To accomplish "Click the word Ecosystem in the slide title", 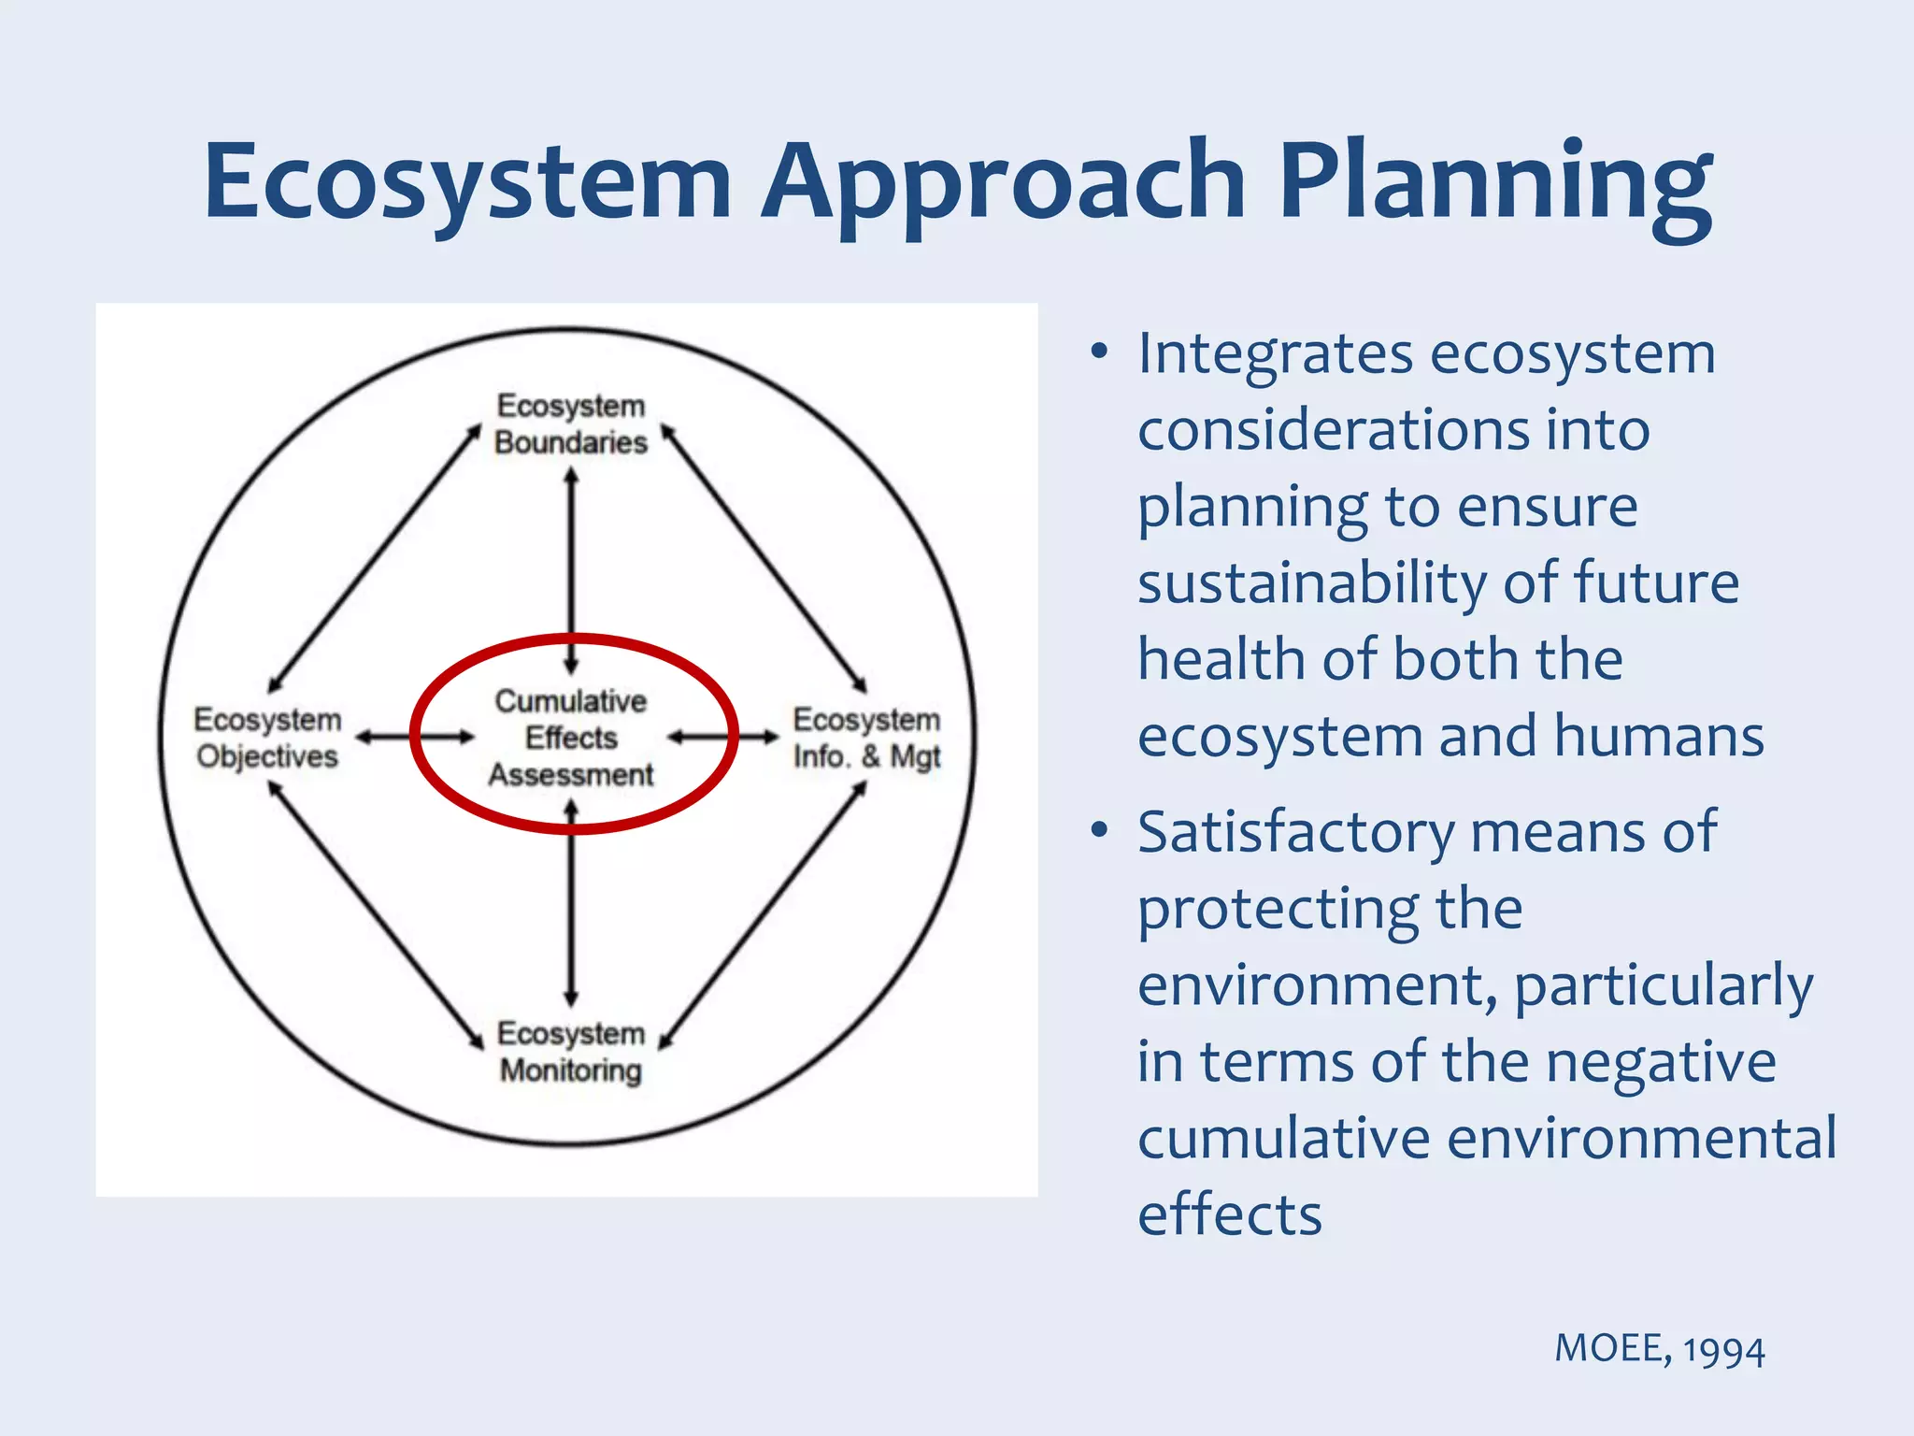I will (x=467, y=182).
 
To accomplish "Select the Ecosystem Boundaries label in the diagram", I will (x=571, y=424).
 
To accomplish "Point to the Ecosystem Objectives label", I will (x=267, y=738).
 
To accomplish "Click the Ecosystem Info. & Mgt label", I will (x=866, y=738).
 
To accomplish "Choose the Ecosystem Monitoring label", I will (x=571, y=1052).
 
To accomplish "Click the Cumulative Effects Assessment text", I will (x=571, y=738).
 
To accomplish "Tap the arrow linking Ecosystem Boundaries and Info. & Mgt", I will (x=764, y=559).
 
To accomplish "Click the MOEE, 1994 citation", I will (x=1659, y=1349).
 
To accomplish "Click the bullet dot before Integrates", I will (x=1099, y=353).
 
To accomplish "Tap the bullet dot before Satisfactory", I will (x=1099, y=831).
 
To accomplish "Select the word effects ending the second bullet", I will (x=1229, y=1215).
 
